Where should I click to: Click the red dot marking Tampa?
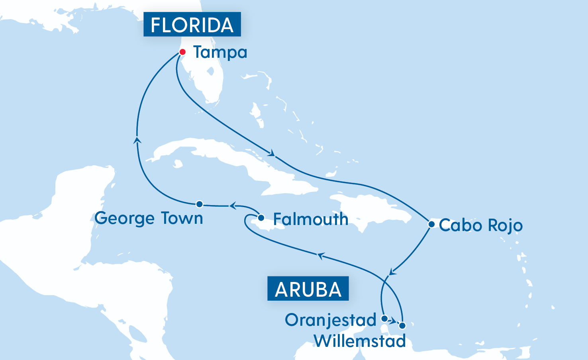(x=182, y=52)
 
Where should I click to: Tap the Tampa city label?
(x=220, y=53)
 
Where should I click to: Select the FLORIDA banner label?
(x=192, y=25)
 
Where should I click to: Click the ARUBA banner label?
(x=308, y=289)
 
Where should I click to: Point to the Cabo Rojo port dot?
(x=431, y=224)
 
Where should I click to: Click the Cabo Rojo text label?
(x=480, y=225)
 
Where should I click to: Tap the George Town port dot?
(x=200, y=204)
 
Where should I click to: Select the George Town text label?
(x=149, y=218)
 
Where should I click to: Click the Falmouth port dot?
(x=261, y=218)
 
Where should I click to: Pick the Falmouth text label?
(x=310, y=219)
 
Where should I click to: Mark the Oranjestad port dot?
(x=384, y=318)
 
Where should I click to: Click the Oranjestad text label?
(x=331, y=320)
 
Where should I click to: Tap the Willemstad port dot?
(x=402, y=326)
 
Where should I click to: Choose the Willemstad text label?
(x=360, y=341)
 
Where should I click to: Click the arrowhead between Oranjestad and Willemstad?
(x=394, y=321)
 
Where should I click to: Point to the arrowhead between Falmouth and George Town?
(x=232, y=205)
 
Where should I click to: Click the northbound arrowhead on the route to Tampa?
(x=137, y=139)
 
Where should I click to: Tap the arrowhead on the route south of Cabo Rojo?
(x=392, y=272)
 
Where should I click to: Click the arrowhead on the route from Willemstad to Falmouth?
(x=320, y=256)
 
